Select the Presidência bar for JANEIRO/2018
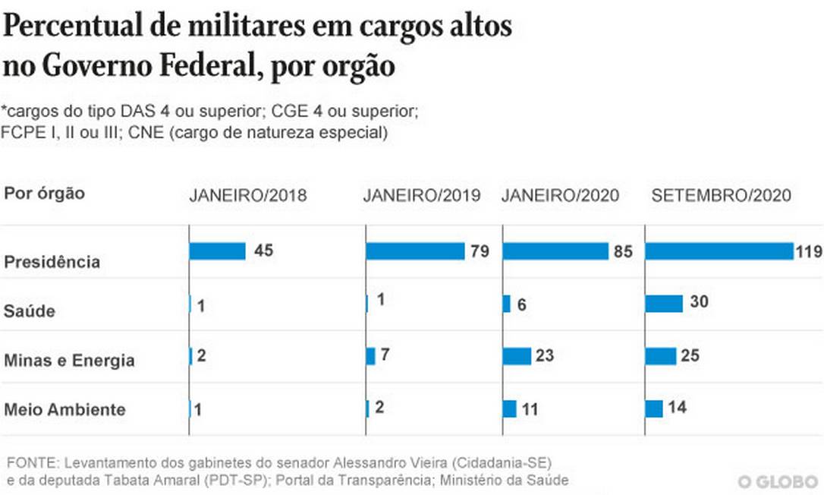coord(217,251)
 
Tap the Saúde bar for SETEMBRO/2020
coord(664,304)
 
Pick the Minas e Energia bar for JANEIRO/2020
coord(517,356)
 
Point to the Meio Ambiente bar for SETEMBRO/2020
coord(654,408)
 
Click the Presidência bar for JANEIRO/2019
coord(415,251)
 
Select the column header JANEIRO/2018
coord(247,195)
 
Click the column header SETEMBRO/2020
coord(721,195)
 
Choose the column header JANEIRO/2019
coord(421,195)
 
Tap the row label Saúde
coord(30,311)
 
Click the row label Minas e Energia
coord(69,361)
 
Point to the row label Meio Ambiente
coord(64,409)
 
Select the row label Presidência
coord(52,262)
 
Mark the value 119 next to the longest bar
coord(809,252)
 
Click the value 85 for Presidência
coord(623,252)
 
